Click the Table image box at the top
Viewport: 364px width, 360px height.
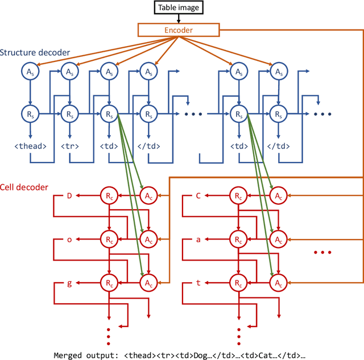click(177, 7)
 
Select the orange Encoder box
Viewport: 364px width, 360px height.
click(177, 30)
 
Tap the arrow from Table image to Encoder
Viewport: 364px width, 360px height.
click(177, 19)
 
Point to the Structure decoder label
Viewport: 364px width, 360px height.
click(35, 53)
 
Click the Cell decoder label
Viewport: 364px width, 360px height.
click(24, 187)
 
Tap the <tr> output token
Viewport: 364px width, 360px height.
click(69, 146)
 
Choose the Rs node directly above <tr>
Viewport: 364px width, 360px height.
click(69, 114)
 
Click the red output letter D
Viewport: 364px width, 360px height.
click(69, 196)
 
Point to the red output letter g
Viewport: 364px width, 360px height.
click(69, 282)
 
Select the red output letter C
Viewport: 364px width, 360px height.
click(198, 196)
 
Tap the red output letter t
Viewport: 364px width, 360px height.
click(198, 282)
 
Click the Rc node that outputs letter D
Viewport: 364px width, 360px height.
click(108, 196)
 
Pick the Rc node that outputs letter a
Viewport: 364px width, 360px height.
click(237, 239)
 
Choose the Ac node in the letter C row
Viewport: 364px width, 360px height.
click(277, 196)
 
